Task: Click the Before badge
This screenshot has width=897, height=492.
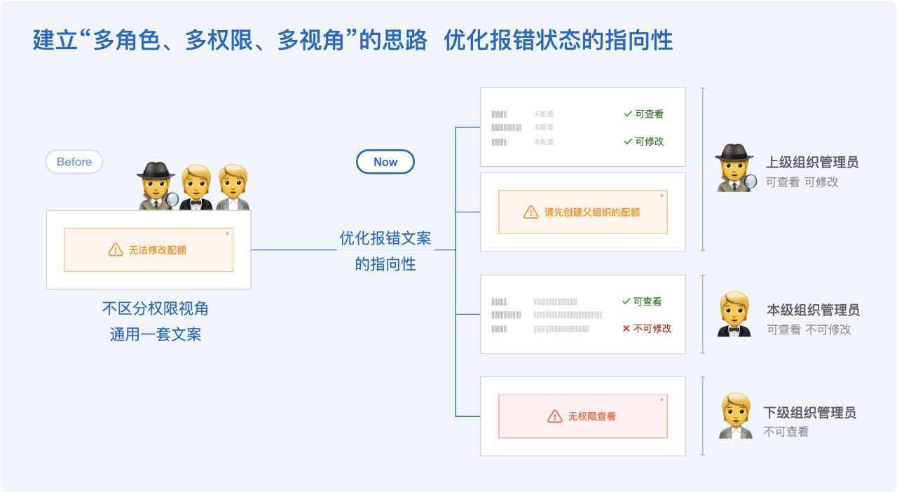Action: coord(74,162)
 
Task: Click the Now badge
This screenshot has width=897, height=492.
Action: coord(385,162)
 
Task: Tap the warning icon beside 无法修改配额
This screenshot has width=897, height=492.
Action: coord(116,250)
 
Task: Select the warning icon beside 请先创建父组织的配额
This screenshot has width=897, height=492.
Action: coord(531,212)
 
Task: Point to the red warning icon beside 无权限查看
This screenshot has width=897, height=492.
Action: coord(555,416)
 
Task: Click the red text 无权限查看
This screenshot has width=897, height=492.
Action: coord(592,416)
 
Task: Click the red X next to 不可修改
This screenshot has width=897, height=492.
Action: coord(626,329)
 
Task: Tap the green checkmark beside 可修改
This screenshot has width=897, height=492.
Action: coord(628,142)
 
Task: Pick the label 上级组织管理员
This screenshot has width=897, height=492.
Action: coord(812,163)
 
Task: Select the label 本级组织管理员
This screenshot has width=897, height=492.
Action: coord(813,310)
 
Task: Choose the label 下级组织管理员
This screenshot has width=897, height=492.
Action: coord(810,413)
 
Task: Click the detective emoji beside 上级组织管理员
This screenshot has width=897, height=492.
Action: coord(735,168)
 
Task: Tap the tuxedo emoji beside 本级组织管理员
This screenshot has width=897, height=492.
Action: coord(734,315)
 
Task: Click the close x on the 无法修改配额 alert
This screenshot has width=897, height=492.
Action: coord(227,233)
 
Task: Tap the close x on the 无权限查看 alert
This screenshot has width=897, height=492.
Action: coord(661,400)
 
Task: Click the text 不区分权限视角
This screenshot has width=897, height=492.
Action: coord(156,308)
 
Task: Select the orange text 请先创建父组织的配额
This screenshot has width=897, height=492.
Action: coord(592,212)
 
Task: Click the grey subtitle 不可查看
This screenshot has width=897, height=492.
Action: coord(786,432)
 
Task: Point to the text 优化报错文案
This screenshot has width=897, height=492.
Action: coord(385,238)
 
